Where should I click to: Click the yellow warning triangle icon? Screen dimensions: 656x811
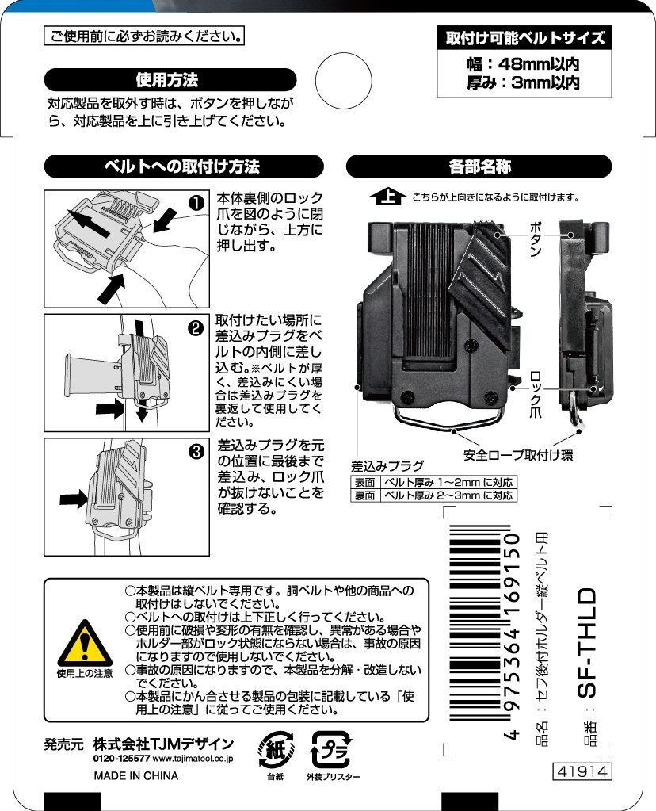tap(85, 644)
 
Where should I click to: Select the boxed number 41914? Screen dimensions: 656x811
tap(582, 771)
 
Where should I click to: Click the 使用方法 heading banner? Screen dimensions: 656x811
tap(170, 80)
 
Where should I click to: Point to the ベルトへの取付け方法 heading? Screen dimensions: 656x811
tap(184, 166)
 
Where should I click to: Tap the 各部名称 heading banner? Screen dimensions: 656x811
tap(479, 166)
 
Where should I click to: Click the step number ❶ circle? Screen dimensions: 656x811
tap(197, 203)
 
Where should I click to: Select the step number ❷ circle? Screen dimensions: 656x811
tap(196, 328)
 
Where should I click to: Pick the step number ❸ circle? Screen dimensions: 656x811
tap(197, 452)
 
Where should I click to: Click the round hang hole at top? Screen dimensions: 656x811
tap(343, 81)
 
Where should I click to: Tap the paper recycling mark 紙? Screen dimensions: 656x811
tap(276, 749)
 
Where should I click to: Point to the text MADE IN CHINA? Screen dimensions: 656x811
tap(136, 776)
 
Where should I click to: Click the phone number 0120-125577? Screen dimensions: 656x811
tap(122, 759)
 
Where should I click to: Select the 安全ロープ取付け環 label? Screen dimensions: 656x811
tap(518, 455)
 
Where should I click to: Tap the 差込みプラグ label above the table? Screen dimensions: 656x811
tap(387, 466)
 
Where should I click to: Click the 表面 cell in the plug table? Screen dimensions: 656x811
tap(364, 483)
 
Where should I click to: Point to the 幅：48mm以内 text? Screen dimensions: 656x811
tap(524, 64)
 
